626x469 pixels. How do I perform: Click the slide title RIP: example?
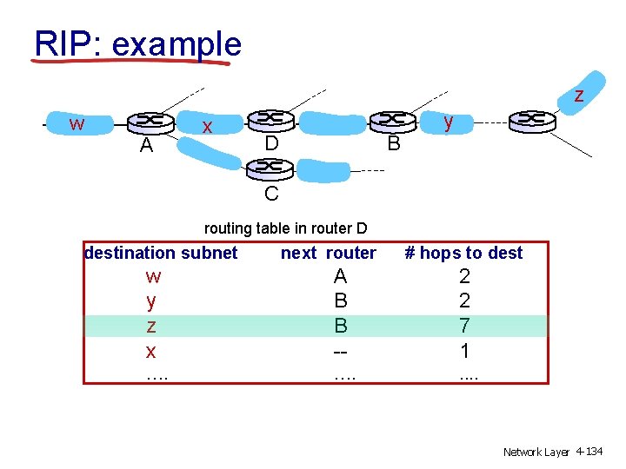coord(137,43)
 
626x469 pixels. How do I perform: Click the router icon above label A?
coord(150,122)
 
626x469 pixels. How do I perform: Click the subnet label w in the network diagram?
coord(77,124)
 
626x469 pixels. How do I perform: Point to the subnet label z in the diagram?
coord(578,95)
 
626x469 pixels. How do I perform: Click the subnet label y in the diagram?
coord(448,122)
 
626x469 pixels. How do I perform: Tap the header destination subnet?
coord(161,253)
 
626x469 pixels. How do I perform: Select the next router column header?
coord(328,253)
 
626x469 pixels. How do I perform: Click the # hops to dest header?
coord(463,253)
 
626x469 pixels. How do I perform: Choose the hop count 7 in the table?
coord(464,327)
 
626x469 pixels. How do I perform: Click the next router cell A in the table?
coord(340,276)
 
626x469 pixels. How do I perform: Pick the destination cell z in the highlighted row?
coord(152,327)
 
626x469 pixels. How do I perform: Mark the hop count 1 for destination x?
coord(464,351)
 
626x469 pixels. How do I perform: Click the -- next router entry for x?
coord(340,351)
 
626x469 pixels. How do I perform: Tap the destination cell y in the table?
coord(152,301)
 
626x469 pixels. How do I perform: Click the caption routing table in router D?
coord(285,228)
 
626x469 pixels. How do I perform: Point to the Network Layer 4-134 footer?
coord(553,452)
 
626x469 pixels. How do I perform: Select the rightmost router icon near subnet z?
coord(532,120)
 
